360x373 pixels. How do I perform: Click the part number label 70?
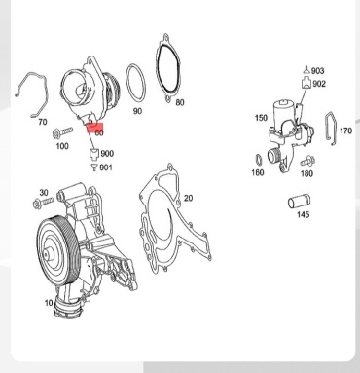tap(43, 122)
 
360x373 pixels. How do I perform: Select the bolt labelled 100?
tap(62, 132)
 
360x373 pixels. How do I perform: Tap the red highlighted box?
tap(95, 129)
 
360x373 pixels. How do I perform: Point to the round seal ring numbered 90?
tap(136, 83)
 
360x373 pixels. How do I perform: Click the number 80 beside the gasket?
tap(180, 102)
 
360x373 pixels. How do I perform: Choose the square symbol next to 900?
tap(94, 154)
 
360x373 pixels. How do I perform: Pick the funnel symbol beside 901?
tap(94, 168)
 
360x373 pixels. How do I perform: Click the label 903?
tap(317, 71)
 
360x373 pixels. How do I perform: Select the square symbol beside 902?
tap(306, 84)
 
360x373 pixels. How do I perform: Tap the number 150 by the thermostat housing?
tap(261, 118)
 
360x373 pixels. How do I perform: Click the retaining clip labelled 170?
tap(331, 129)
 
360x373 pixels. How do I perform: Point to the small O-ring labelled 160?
tap(259, 160)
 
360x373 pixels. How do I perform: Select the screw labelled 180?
tap(307, 161)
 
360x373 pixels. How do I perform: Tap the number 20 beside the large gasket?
tap(188, 198)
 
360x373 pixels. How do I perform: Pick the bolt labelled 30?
tap(43, 203)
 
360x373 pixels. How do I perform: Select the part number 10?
tap(49, 303)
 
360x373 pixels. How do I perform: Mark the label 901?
tap(106, 168)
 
